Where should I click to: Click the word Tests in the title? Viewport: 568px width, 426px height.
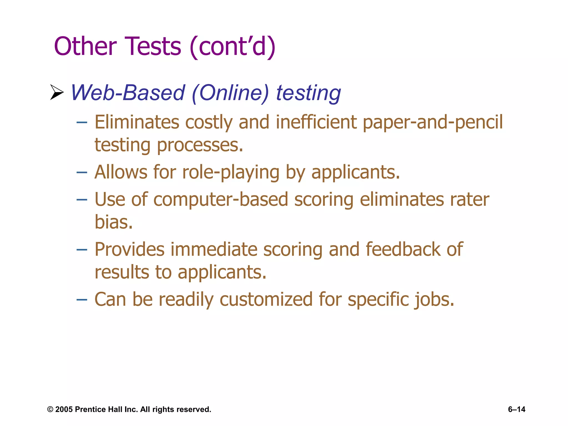click(x=153, y=46)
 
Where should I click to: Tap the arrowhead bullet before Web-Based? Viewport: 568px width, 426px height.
click(x=57, y=92)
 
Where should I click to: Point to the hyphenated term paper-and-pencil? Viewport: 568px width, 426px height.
click(x=433, y=123)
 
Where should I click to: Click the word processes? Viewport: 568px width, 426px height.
click(x=200, y=145)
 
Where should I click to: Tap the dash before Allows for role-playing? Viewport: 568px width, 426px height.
click(x=82, y=173)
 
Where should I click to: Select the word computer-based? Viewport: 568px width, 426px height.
click(x=221, y=200)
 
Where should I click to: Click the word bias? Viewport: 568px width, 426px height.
click(x=113, y=222)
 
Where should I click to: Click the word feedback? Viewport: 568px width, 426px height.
click(x=403, y=249)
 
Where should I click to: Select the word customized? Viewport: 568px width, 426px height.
click(x=266, y=300)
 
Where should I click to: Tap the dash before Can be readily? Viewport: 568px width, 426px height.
click(x=82, y=300)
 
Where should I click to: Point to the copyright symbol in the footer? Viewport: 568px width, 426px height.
click(x=50, y=409)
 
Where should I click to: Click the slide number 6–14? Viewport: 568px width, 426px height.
click(x=516, y=409)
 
